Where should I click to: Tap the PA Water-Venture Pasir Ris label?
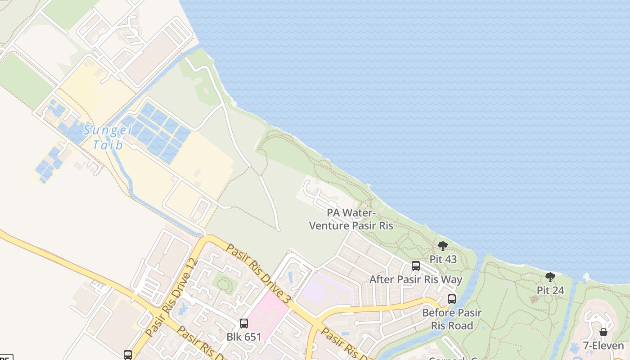click(351, 219)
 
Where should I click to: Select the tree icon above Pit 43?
click(443, 246)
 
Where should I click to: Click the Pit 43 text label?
click(443, 259)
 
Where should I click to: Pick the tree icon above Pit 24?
click(550, 277)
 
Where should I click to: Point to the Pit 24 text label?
click(550, 290)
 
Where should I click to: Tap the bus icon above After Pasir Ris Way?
click(416, 266)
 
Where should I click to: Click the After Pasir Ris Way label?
click(416, 279)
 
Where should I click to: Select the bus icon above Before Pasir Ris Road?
click(451, 299)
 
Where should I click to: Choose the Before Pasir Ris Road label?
click(451, 319)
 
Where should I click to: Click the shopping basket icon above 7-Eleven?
click(603, 332)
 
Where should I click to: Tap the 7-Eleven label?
click(603, 346)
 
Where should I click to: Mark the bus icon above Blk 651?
click(243, 323)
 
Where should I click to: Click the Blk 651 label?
click(243, 337)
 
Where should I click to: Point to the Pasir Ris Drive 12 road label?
click(172, 298)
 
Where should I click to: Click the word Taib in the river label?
click(108, 145)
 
